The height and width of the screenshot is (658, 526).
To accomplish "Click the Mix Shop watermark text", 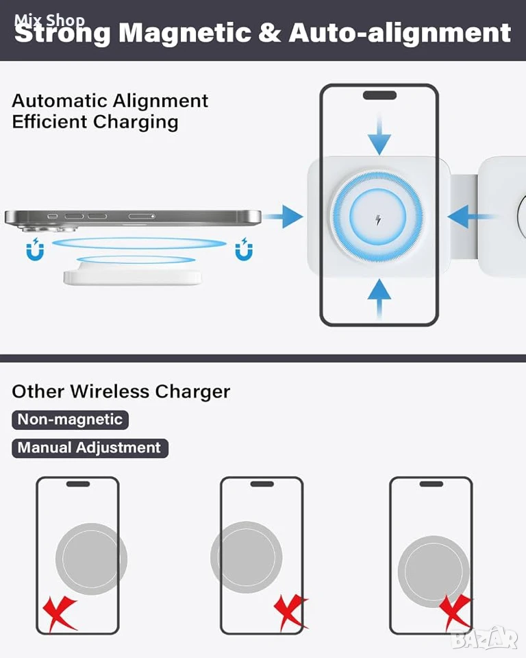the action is (x=49, y=20).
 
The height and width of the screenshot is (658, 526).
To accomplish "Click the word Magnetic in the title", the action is (x=184, y=33).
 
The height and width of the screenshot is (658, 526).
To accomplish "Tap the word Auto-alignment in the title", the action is (x=400, y=33).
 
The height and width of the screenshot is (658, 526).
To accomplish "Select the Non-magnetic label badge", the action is (x=70, y=419).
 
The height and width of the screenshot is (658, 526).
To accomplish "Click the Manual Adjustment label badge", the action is (x=90, y=448).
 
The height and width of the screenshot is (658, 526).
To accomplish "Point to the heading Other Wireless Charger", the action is (x=121, y=391).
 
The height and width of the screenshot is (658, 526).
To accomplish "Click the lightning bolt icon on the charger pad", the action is (x=378, y=219).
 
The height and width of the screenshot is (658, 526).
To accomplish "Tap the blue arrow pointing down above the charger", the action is (x=379, y=134).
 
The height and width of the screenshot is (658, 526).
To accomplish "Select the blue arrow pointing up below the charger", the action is (x=379, y=299).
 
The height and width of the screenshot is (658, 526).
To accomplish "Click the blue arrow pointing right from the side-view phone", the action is (x=282, y=217).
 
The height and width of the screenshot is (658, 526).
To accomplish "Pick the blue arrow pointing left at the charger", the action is (x=470, y=217).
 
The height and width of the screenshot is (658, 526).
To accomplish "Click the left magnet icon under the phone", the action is (x=35, y=249).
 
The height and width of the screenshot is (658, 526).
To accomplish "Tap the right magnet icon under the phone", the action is (x=244, y=249).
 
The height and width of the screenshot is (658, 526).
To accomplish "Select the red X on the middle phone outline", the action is (x=290, y=612).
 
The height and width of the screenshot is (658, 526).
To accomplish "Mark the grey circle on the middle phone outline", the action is (x=247, y=557).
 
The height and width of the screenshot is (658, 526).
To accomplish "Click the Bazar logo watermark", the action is (x=485, y=639).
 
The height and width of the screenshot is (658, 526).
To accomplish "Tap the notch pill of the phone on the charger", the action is (x=379, y=95).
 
